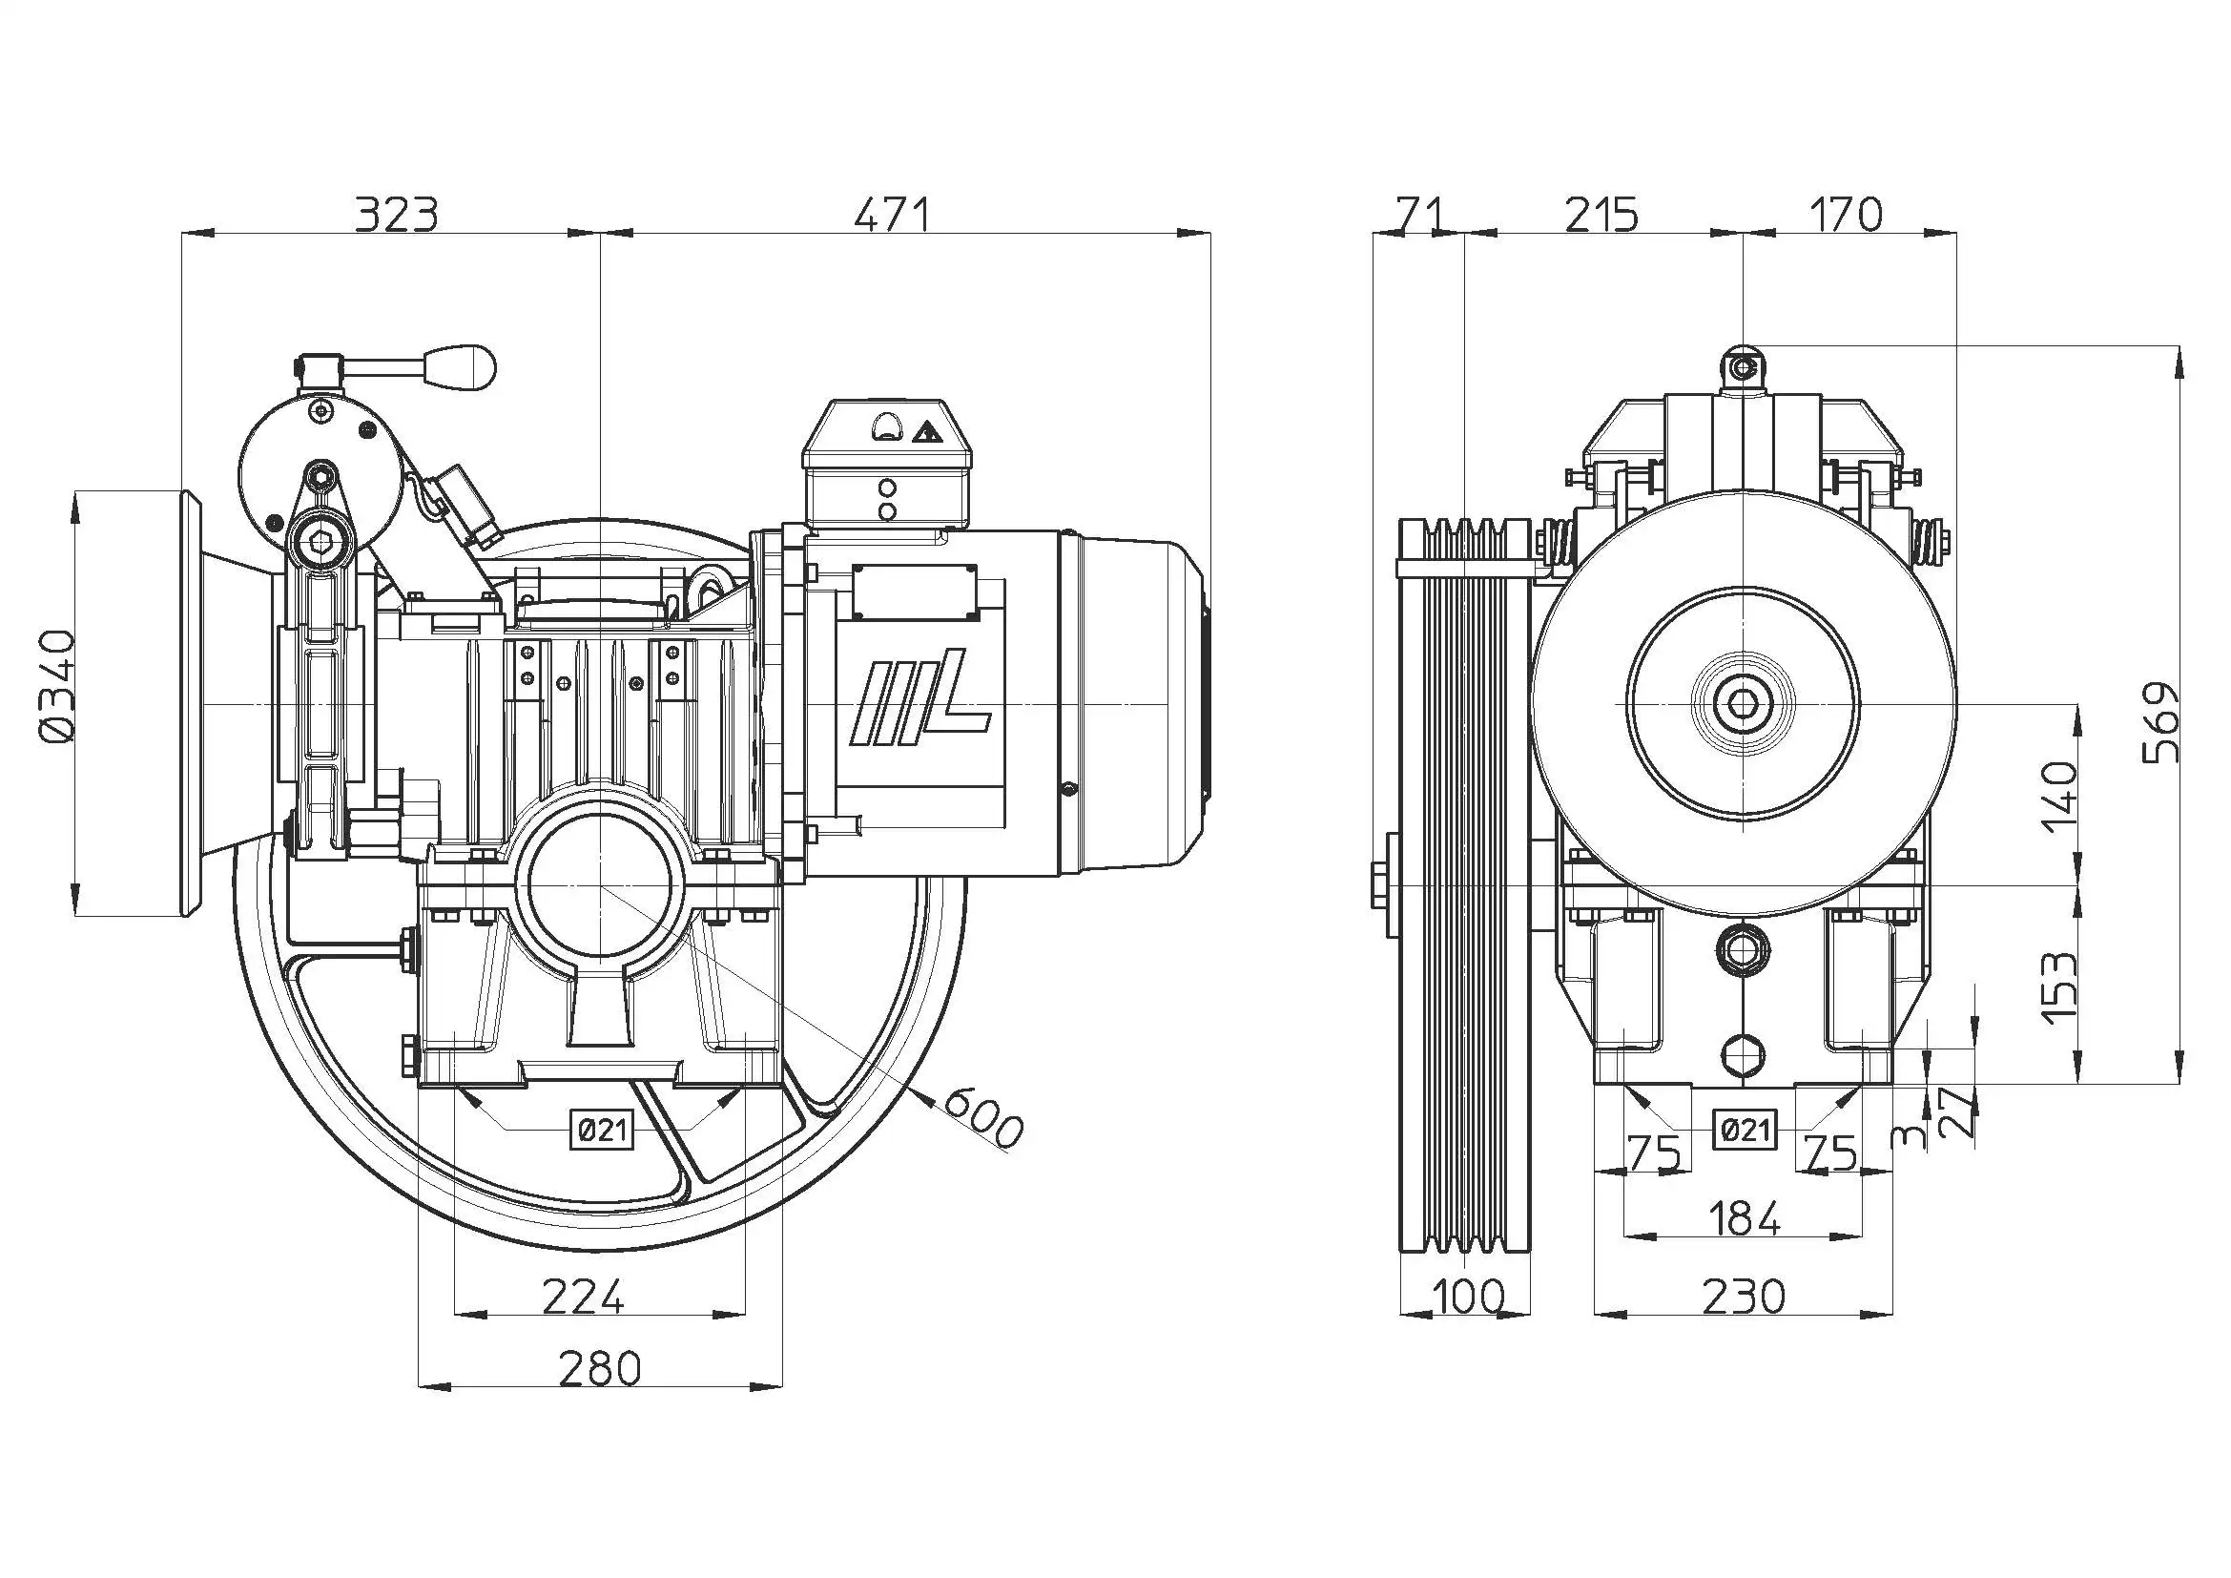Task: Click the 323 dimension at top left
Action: [396, 215]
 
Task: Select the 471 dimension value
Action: [892, 215]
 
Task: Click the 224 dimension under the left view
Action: [582, 1297]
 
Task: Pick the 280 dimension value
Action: [600, 1368]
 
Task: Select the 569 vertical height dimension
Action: [2161, 721]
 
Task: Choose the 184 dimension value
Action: [1744, 1217]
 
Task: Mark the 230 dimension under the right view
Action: [1744, 1297]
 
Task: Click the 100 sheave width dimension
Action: [1467, 1297]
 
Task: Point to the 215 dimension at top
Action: [1601, 215]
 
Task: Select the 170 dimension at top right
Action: [1847, 215]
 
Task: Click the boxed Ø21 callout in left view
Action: [602, 1129]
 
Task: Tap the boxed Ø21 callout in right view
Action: [1746, 1129]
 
